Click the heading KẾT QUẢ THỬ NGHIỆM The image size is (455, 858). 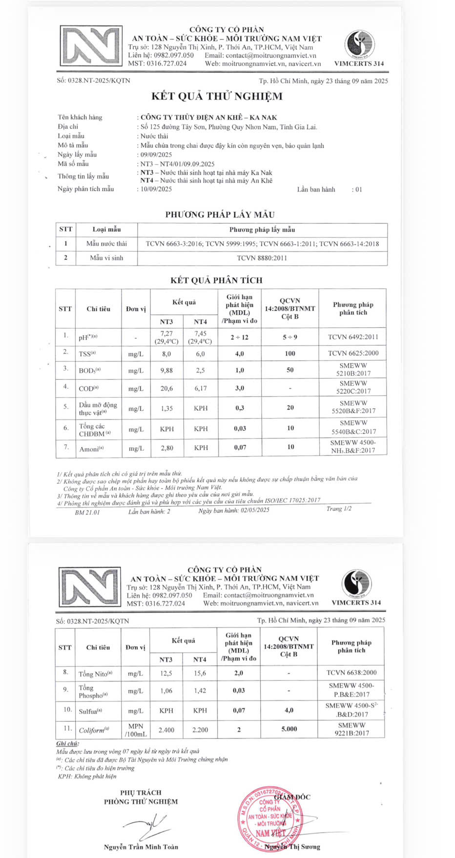(217, 96)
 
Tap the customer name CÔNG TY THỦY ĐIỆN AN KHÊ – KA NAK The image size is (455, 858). (208, 117)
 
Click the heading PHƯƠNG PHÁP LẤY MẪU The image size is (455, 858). (220, 215)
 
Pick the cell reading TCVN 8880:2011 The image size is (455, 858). (262, 258)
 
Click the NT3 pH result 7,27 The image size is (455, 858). (166, 334)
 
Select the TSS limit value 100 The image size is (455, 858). (290, 353)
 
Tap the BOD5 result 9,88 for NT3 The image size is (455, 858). (166, 370)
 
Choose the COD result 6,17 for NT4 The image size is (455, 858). (201, 388)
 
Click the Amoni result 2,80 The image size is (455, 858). (166, 448)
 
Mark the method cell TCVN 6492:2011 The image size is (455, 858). (353, 337)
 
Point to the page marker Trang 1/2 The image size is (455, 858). (339, 509)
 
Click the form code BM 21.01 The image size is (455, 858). (87, 512)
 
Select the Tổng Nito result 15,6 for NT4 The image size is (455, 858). (200, 673)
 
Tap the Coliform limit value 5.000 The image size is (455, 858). (289, 729)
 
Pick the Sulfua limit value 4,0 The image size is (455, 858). (289, 710)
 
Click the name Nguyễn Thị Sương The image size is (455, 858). (292, 847)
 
